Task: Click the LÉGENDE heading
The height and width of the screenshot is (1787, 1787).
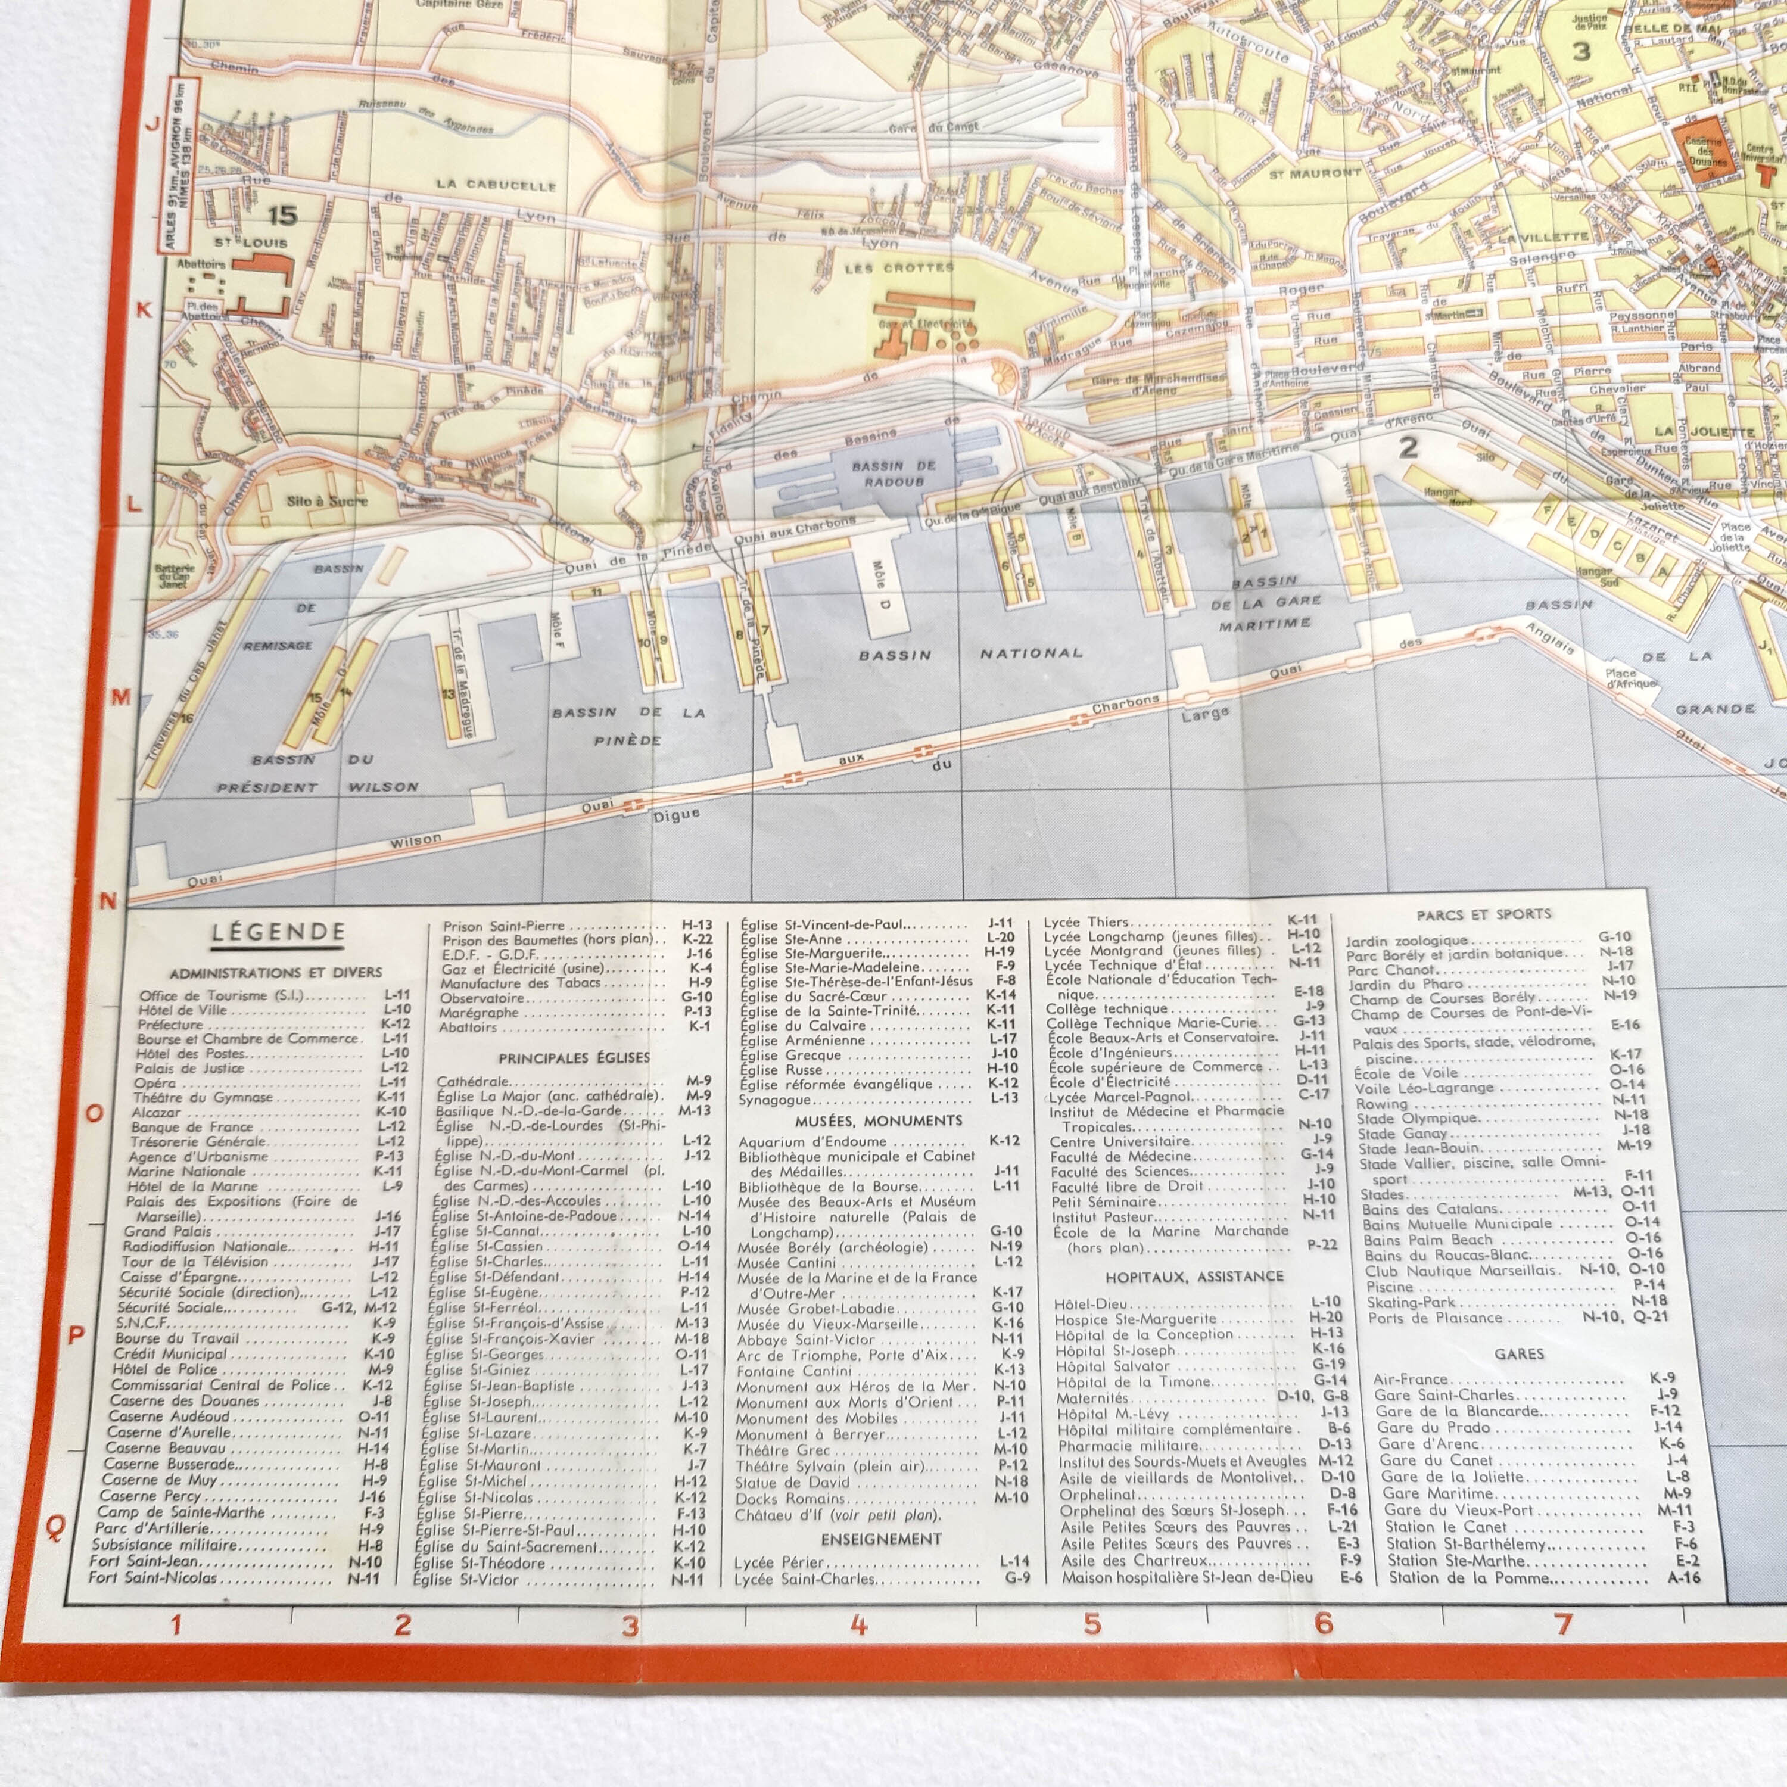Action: pos(278,932)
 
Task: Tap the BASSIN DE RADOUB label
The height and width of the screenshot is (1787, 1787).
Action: pos(893,474)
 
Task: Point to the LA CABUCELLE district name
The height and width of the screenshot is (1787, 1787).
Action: pos(497,185)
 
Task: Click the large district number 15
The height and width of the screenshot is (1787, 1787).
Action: pos(282,216)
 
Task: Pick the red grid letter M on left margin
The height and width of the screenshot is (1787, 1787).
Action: pos(119,698)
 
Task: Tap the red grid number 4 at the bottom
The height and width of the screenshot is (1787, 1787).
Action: pos(858,1624)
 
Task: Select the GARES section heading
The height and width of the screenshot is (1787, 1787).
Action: pos(1519,1353)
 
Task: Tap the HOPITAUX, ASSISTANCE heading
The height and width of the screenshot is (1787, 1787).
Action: pos(1194,1277)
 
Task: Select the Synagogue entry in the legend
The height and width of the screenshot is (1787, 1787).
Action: pos(774,1100)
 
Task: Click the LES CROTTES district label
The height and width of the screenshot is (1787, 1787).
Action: pos(899,268)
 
